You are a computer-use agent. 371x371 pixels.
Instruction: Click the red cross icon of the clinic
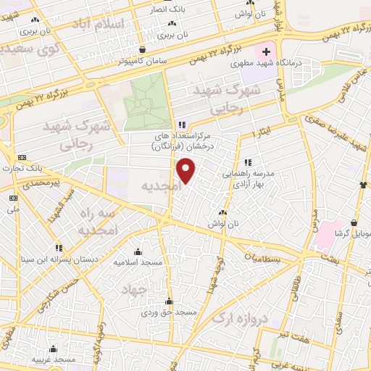click(267, 52)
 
